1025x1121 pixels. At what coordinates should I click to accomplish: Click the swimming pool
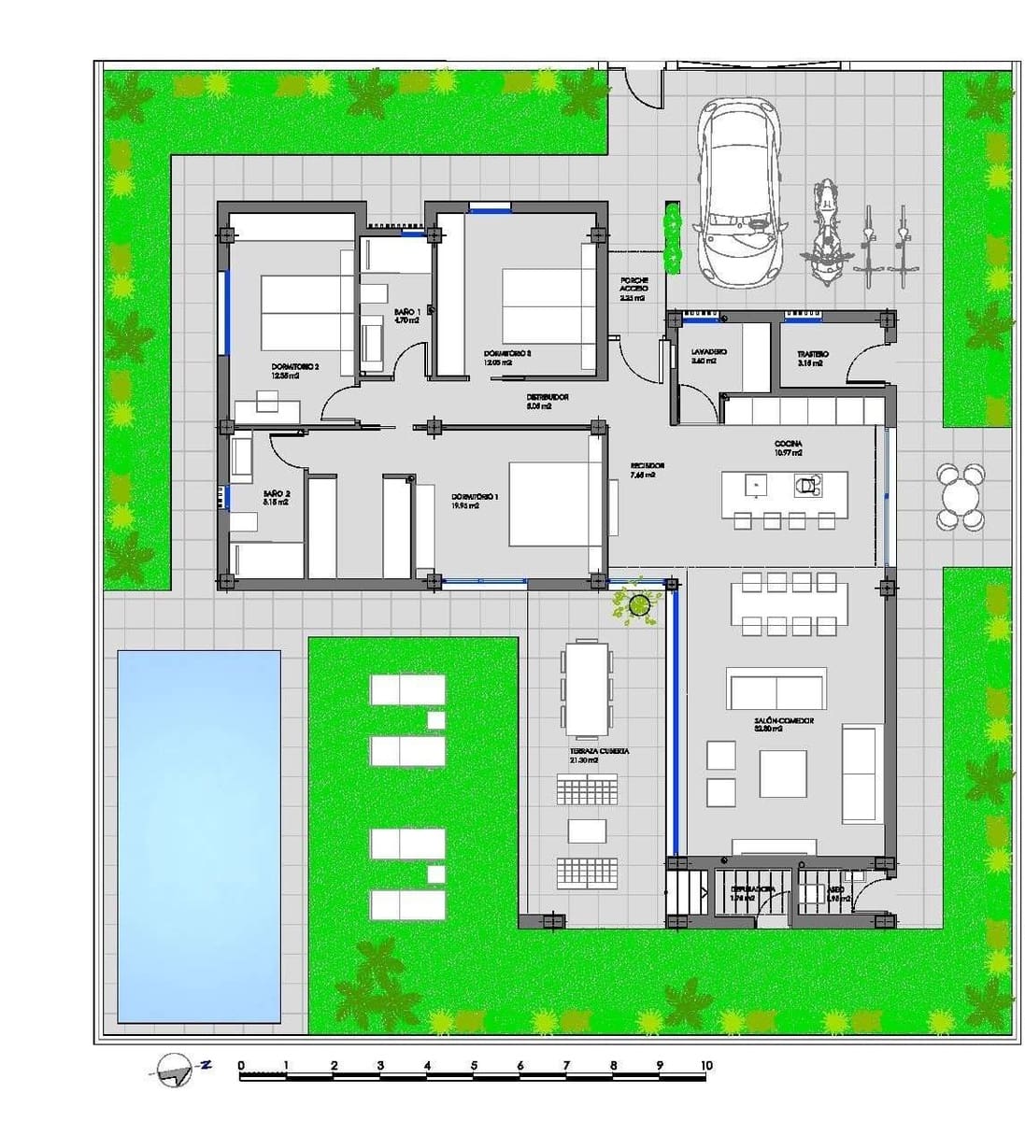pyautogui.click(x=198, y=835)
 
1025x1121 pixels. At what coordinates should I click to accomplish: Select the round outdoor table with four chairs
pyautogui.click(x=961, y=496)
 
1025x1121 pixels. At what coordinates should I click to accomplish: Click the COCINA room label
pyautogui.click(x=789, y=444)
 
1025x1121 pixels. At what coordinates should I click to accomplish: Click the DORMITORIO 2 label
pyautogui.click(x=295, y=367)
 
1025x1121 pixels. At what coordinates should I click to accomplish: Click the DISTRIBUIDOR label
pyautogui.click(x=548, y=397)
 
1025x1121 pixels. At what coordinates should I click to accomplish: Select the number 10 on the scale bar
pyautogui.click(x=706, y=1065)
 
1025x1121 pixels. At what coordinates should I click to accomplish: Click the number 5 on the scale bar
pyautogui.click(x=474, y=1065)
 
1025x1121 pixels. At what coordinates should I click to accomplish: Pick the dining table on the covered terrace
pyautogui.click(x=587, y=688)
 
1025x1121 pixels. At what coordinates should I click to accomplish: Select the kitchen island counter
pyautogui.click(x=784, y=488)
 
